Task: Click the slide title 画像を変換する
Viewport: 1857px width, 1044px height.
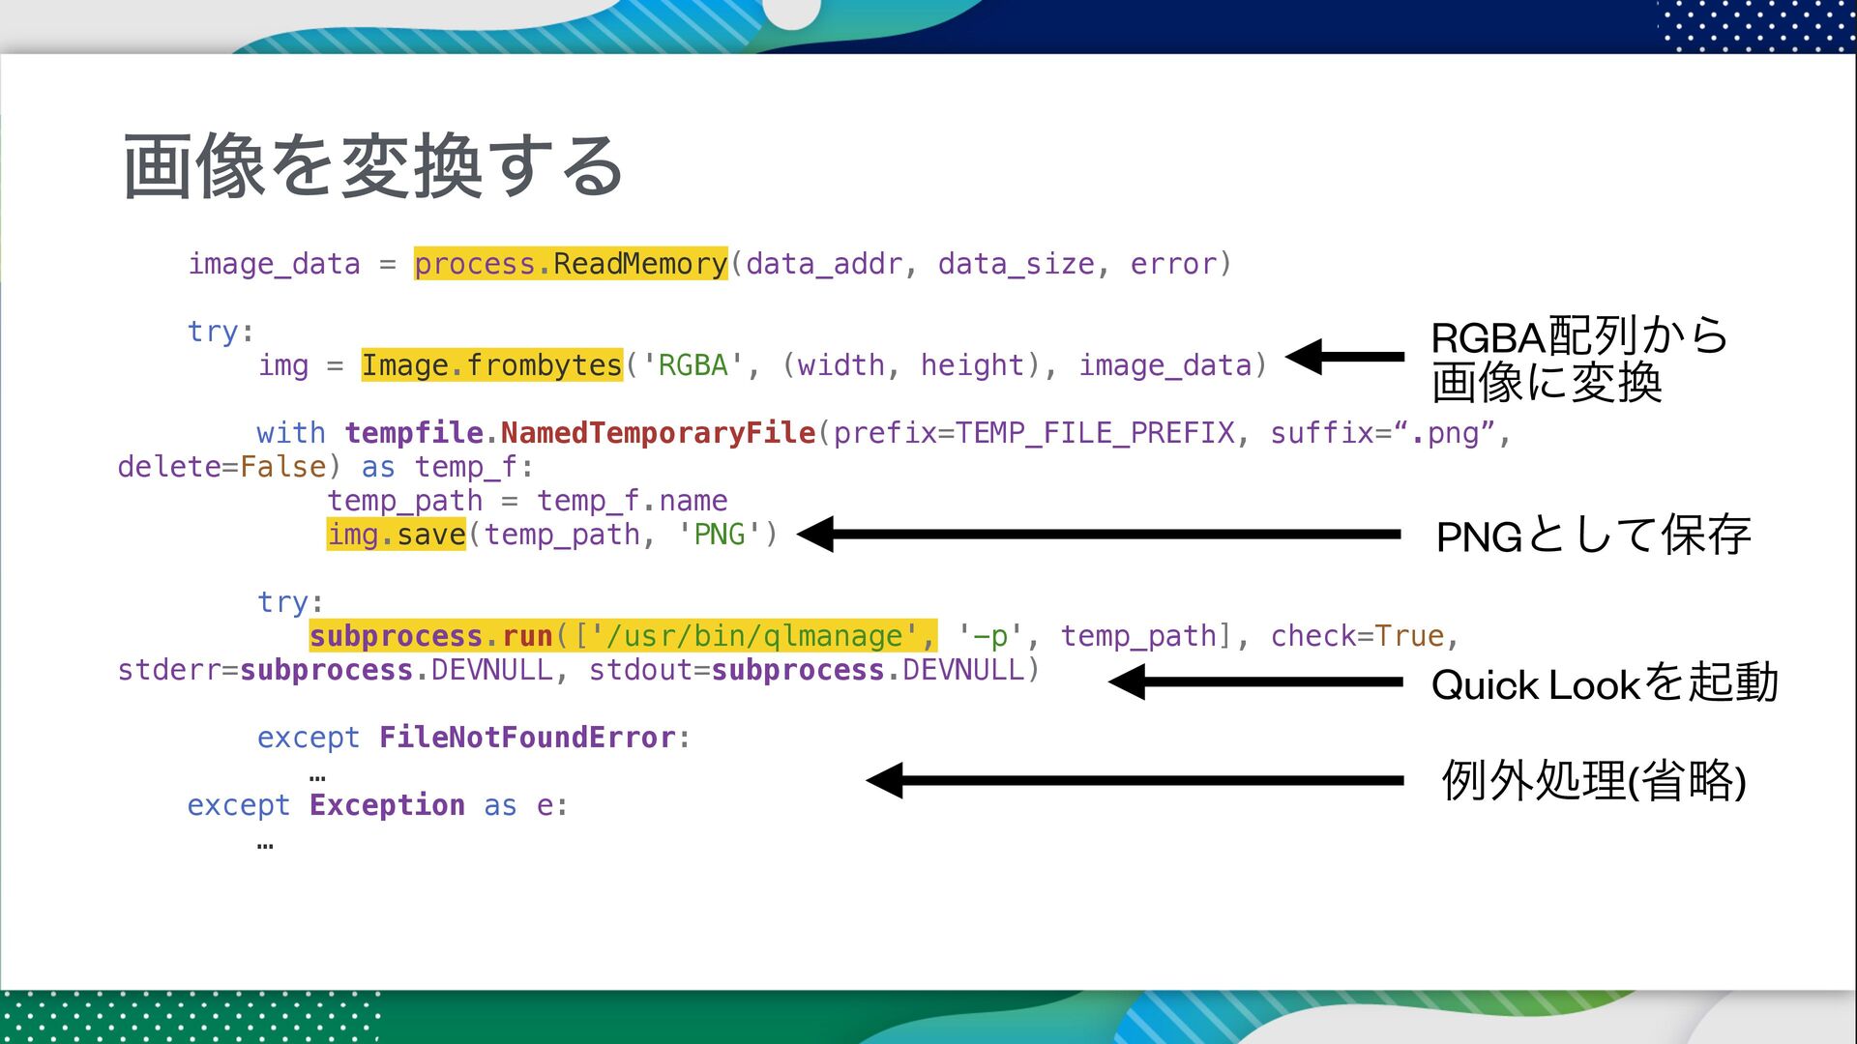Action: point(373,166)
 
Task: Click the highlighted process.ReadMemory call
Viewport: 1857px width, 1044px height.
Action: point(571,264)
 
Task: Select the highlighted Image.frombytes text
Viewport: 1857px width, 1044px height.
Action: point(491,365)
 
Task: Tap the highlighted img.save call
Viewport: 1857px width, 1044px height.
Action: point(397,535)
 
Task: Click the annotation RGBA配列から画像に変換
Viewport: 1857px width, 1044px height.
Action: point(1578,359)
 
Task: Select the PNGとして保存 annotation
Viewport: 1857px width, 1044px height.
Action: point(1593,536)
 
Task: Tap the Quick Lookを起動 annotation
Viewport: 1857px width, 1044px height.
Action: point(1604,683)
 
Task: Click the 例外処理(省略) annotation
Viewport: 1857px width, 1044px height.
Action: point(1593,781)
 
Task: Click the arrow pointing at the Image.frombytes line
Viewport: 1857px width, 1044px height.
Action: point(1344,357)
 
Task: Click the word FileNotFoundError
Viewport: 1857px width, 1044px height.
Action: point(527,738)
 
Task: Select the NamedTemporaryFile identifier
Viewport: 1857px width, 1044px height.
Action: point(658,433)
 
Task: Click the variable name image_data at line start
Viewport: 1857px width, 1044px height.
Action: point(274,264)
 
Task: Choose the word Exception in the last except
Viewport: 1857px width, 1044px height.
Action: point(387,805)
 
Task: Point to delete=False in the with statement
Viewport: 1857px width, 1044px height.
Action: point(221,467)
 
